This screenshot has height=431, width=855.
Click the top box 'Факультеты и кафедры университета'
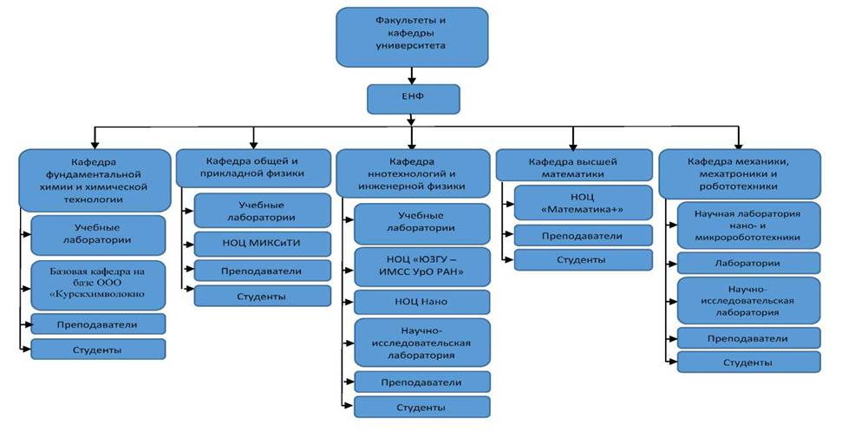point(412,37)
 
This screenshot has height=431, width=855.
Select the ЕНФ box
point(414,99)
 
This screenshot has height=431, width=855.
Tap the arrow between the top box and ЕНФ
point(412,75)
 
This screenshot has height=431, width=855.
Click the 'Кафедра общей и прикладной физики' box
point(253,168)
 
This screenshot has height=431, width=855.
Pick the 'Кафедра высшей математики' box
point(574,166)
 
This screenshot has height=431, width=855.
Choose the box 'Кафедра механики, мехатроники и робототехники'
point(740,174)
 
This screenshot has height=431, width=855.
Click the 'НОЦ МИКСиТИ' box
point(262,244)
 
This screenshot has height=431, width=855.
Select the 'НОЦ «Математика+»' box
point(583,203)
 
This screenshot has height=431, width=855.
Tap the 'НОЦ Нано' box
point(422,302)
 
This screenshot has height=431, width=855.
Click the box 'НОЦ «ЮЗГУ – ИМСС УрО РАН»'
point(422,267)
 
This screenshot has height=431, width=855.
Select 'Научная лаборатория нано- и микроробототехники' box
point(748,225)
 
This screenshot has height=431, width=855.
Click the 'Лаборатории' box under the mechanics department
point(748,263)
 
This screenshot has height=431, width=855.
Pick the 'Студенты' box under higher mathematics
point(583,259)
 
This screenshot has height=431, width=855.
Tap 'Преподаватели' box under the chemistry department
point(98,324)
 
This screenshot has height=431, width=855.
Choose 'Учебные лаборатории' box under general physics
point(262,211)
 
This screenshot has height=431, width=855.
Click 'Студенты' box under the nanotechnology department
point(422,407)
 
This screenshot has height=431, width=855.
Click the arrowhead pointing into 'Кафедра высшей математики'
point(573,146)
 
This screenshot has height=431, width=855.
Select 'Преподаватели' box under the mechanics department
point(748,338)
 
